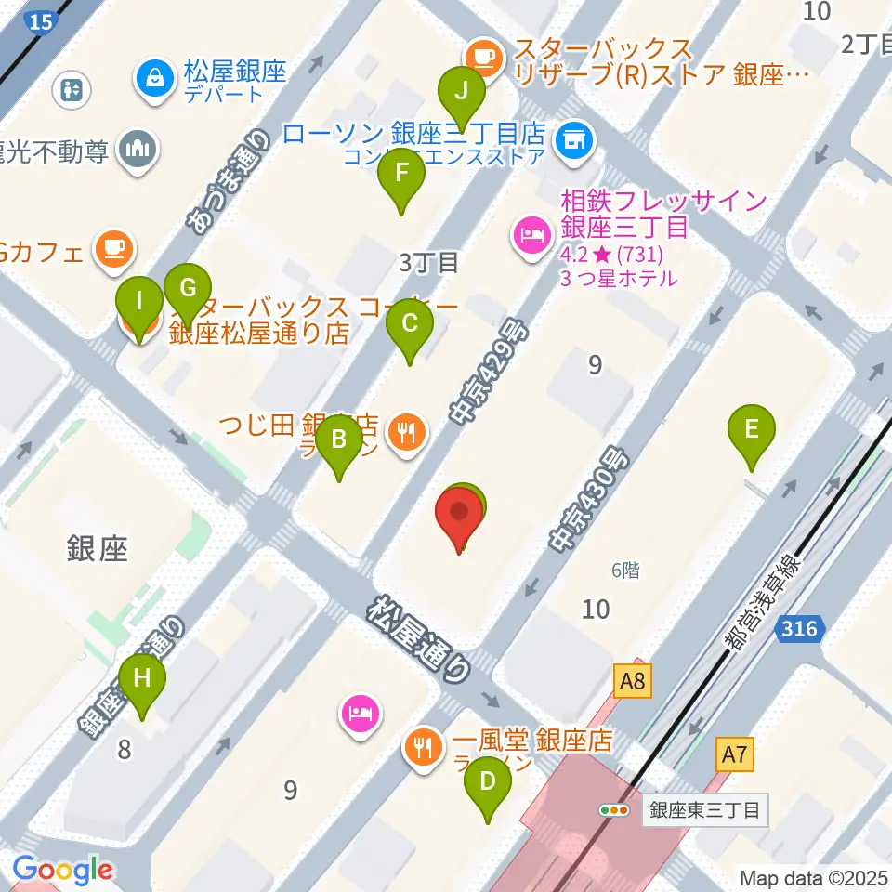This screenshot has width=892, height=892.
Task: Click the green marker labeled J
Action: point(462,91)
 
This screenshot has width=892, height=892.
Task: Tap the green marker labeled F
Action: point(401,172)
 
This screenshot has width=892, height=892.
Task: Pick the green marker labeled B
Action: point(339,439)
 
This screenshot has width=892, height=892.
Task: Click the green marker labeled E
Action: point(752,429)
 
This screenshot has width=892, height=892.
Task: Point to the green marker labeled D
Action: point(487,780)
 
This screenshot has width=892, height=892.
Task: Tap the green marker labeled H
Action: point(142,677)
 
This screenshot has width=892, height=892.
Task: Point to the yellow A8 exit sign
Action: point(633,683)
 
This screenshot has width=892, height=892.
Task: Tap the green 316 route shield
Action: point(799,630)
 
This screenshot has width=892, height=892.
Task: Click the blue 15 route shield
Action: point(39,20)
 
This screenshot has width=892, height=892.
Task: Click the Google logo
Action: point(62,870)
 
